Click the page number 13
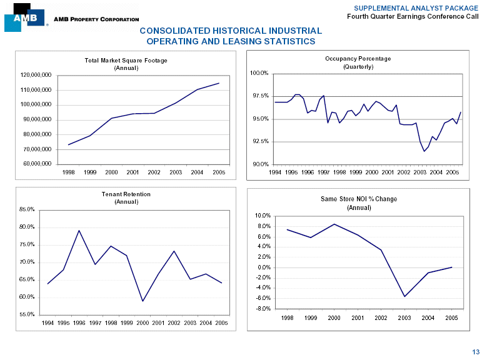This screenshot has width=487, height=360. coord(476,351)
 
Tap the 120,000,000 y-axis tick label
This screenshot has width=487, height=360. coord(35,75)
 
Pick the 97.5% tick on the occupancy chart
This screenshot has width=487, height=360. coord(259,96)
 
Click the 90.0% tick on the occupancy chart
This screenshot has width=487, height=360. coord(259,164)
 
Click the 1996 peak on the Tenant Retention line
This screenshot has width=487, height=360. coord(79,231)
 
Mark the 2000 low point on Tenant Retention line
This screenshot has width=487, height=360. coord(143,301)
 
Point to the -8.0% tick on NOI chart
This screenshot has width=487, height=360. coord(263,308)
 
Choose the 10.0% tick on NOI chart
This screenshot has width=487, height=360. coord(263,216)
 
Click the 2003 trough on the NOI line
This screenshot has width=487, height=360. coord(404,296)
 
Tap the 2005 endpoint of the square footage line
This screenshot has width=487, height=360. coord(219,83)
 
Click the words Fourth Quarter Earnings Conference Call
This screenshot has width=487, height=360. coord(413,16)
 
